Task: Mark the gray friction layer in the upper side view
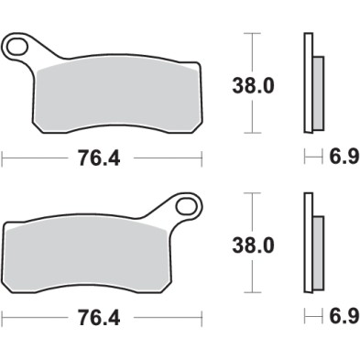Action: click(x=318, y=92)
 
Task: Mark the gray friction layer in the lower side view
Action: click(x=318, y=251)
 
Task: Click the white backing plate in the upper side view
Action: click(x=308, y=82)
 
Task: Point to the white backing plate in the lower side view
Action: click(x=308, y=243)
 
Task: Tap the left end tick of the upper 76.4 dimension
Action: click(x=3, y=158)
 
